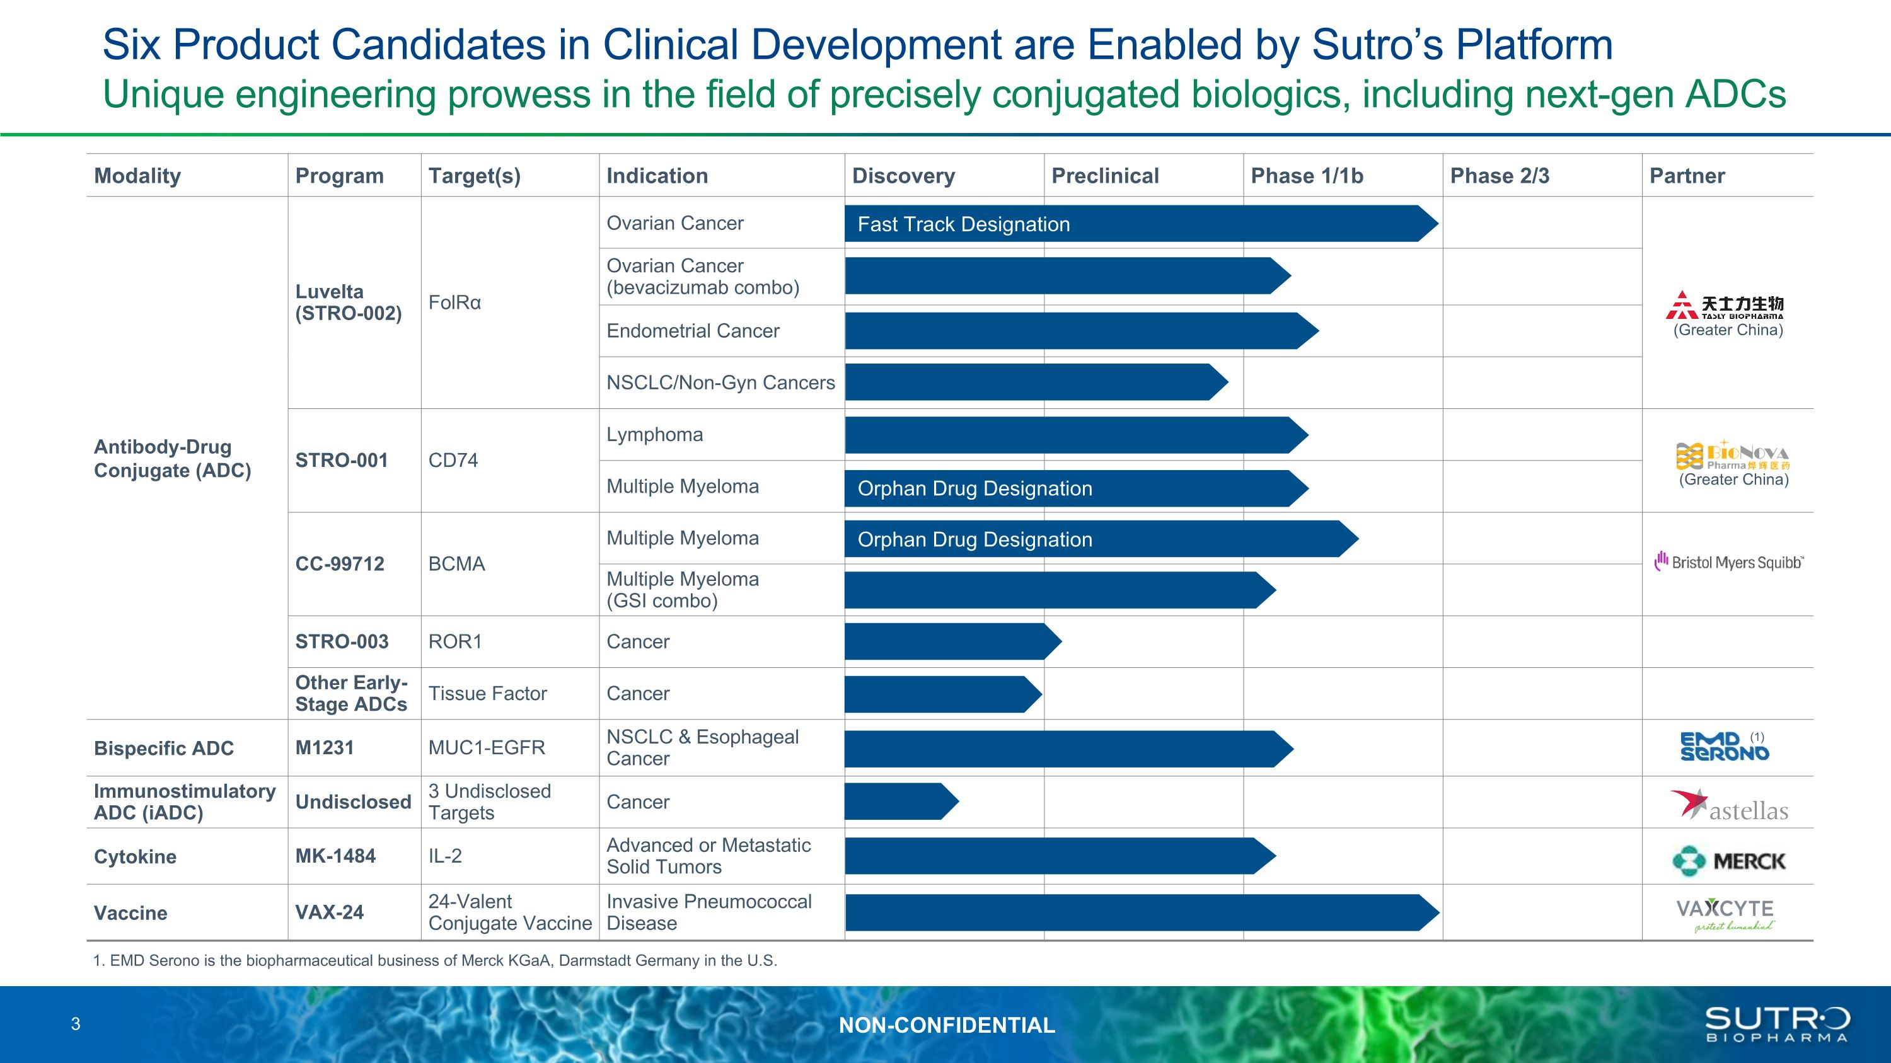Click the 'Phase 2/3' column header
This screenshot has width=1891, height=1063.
point(1499,176)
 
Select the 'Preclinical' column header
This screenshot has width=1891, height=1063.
point(1105,176)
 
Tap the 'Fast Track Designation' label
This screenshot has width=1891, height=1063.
point(963,224)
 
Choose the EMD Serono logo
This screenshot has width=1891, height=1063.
point(1725,747)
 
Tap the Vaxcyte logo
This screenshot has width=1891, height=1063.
point(1725,913)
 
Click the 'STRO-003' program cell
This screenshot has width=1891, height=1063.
point(342,642)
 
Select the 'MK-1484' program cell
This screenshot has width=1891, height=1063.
point(335,856)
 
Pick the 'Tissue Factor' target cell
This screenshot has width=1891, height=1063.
point(487,693)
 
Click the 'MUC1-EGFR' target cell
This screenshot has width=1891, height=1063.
point(487,747)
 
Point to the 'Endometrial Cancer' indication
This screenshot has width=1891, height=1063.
point(692,331)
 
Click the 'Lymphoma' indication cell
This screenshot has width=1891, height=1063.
point(654,434)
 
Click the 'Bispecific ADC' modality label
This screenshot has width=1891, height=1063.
point(164,749)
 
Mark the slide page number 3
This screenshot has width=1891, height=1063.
point(76,1024)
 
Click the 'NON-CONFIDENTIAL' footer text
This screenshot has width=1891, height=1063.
point(946,1025)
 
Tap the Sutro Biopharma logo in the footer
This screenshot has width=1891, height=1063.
point(1776,1024)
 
